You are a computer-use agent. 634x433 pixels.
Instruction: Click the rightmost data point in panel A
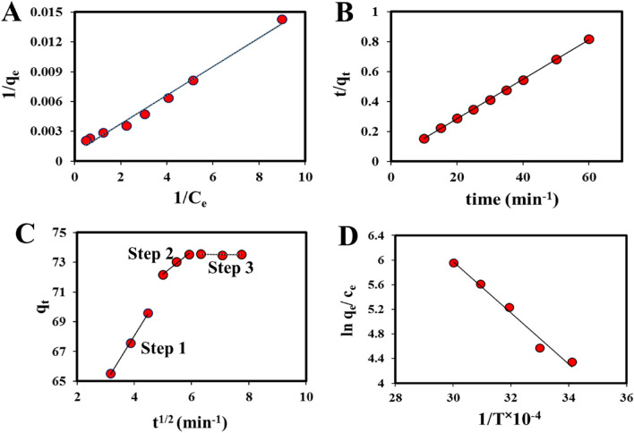click(x=282, y=19)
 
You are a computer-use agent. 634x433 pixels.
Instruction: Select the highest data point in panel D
click(x=454, y=263)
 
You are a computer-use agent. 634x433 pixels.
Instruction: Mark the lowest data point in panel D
click(x=572, y=362)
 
